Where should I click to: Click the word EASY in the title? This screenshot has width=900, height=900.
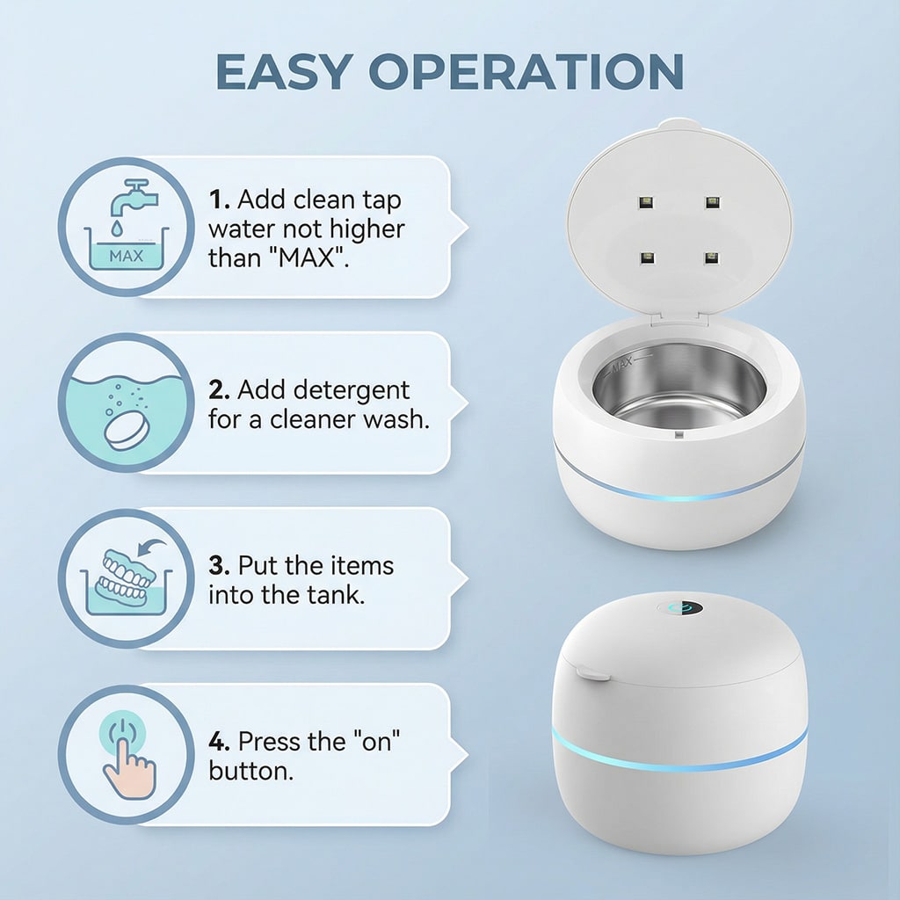(x=284, y=71)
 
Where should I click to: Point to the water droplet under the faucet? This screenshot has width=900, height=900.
(x=117, y=229)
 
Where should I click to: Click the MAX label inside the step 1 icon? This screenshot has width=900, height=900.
(x=127, y=256)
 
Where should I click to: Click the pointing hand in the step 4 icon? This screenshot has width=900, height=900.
(x=128, y=768)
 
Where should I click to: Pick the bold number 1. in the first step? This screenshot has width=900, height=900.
(x=219, y=200)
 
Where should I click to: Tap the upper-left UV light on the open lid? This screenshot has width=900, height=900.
(x=646, y=202)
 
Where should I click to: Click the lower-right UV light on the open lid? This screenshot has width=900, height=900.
(x=711, y=258)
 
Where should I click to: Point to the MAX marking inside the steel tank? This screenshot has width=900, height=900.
(x=621, y=363)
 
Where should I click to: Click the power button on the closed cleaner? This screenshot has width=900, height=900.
(x=685, y=608)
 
